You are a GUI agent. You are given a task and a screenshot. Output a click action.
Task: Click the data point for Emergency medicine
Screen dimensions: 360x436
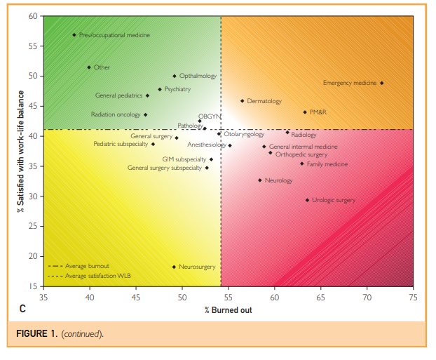[381, 83]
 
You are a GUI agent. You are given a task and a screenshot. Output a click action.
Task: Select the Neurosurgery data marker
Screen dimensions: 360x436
[174, 267]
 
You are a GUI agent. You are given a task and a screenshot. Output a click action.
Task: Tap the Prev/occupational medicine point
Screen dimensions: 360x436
[74, 34]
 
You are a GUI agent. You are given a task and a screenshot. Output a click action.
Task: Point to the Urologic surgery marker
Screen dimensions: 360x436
[307, 200]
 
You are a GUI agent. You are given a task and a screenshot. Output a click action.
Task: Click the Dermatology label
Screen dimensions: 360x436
[264, 101]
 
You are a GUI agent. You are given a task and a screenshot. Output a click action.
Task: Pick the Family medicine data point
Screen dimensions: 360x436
[302, 164]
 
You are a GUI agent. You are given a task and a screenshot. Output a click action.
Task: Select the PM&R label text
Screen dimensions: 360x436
[318, 112]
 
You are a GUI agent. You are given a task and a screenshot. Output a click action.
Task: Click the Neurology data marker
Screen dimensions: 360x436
[260, 180]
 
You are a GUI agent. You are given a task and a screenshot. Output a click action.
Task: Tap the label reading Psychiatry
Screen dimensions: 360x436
[177, 89]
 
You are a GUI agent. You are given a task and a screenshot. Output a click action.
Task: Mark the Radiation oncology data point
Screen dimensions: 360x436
[145, 114]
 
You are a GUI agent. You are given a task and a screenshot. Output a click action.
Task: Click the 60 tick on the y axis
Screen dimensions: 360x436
[33, 15]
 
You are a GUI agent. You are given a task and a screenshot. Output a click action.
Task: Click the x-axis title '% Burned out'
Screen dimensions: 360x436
[229, 309]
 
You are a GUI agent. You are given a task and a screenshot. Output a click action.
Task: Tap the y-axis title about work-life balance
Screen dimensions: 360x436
[21, 151]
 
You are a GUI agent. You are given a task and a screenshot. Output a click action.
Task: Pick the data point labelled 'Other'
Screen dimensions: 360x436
[89, 67]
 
